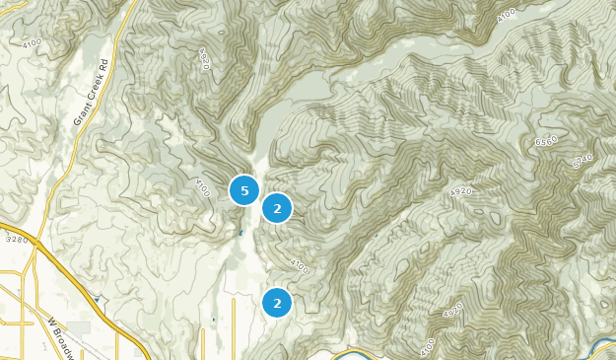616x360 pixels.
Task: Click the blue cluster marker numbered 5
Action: tap(244, 189)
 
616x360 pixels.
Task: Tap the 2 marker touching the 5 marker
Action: tap(277, 208)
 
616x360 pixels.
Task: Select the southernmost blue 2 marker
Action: tap(277, 303)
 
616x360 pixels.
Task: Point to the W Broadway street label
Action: tap(58, 338)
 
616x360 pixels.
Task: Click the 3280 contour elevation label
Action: tap(16, 238)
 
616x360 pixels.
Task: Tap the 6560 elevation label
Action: tap(546, 142)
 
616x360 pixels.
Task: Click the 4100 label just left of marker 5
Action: tap(202, 186)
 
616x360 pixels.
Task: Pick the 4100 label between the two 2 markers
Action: tap(299, 266)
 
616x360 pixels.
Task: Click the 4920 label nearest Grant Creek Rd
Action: tap(205, 58)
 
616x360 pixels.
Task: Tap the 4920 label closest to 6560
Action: tap(460, 190)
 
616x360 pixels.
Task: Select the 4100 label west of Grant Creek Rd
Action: tap(32, 44)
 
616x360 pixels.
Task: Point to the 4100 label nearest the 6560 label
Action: tap(506, 15)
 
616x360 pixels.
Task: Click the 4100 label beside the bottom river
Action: tap(428, 347)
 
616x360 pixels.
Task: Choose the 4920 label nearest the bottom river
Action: tap(453, 312)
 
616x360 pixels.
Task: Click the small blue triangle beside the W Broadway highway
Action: tap(96, 298)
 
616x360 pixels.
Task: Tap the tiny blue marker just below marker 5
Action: tap(240, 233)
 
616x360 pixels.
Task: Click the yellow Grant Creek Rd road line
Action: tap(111, 59)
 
